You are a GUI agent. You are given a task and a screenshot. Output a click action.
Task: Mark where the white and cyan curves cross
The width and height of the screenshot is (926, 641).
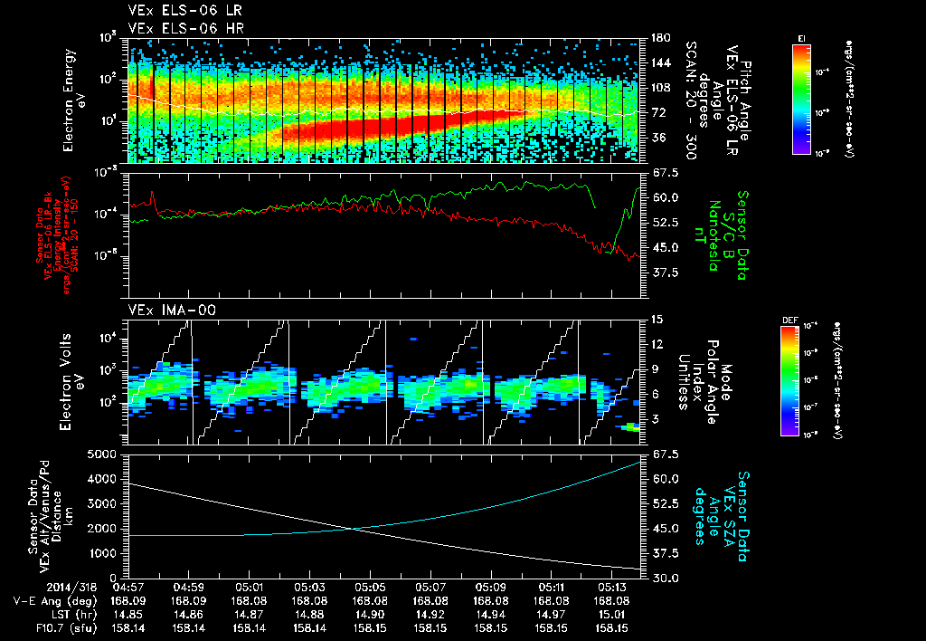coord(354,529)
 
